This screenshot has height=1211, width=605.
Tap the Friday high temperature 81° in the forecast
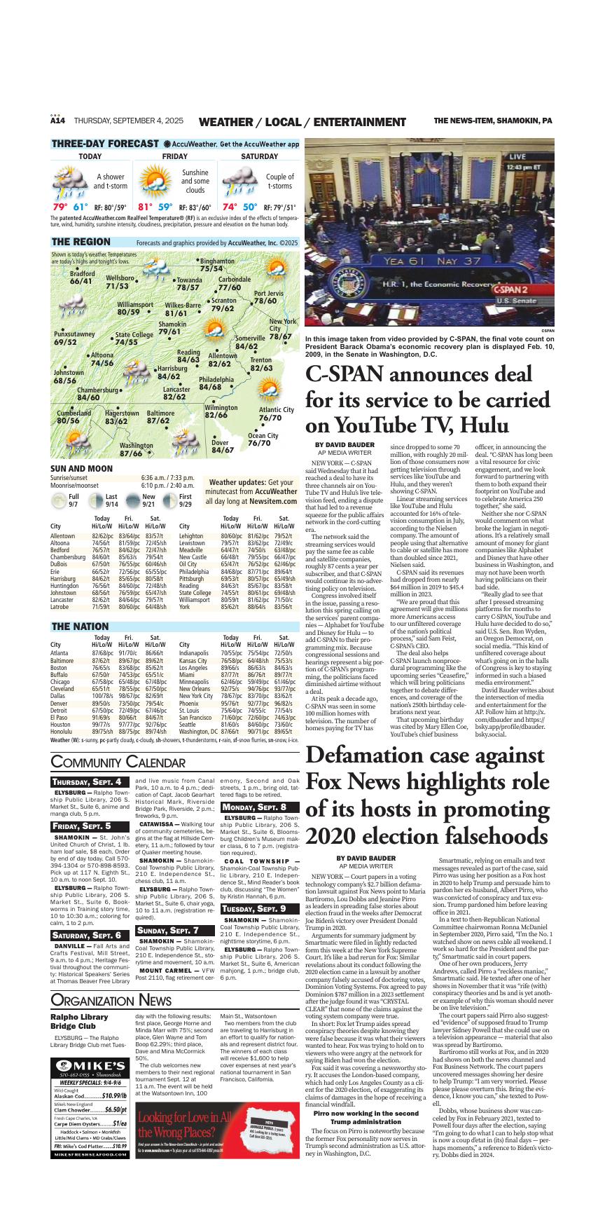click(145, 207)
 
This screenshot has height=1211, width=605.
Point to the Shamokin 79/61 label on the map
click(172, 328)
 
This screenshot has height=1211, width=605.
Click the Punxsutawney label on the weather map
click(74, 338)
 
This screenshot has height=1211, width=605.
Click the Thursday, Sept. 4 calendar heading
click(89, 781)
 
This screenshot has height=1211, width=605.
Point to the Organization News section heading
click(111, 999)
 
